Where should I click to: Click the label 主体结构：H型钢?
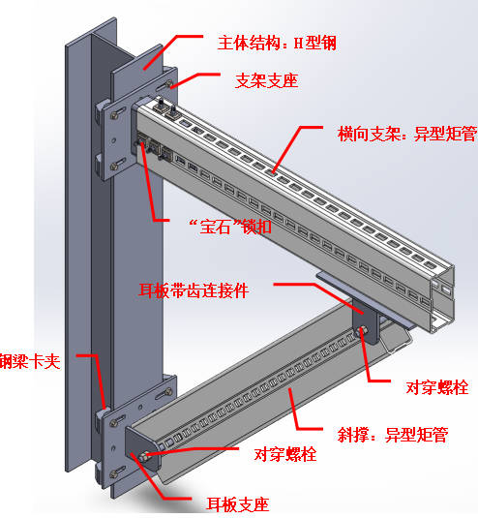click(277, 44)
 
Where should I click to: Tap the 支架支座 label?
click(267, 81)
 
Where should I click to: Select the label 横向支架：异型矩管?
click(407, 134)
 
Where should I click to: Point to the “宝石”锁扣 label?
click(230, 227)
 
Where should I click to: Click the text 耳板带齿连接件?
click(194, 290)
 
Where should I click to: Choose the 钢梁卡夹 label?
click(30, 361)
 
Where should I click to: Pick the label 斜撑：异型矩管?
click(393, 435)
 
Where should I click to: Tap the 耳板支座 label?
click(238, 504)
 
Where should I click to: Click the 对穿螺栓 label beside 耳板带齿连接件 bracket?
click(437, 387)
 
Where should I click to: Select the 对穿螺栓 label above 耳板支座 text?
click(285, 454)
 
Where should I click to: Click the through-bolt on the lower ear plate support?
click(144, 457)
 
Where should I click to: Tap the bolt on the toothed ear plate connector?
click(363, 330)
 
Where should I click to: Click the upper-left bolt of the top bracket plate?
click(114, 115)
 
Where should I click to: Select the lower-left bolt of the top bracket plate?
click(114, 167)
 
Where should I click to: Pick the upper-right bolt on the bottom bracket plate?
click(168, 392)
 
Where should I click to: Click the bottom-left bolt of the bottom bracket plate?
click(114, 474)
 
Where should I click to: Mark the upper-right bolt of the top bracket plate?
click(168, 83)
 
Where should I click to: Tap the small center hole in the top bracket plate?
click(114, 140)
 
